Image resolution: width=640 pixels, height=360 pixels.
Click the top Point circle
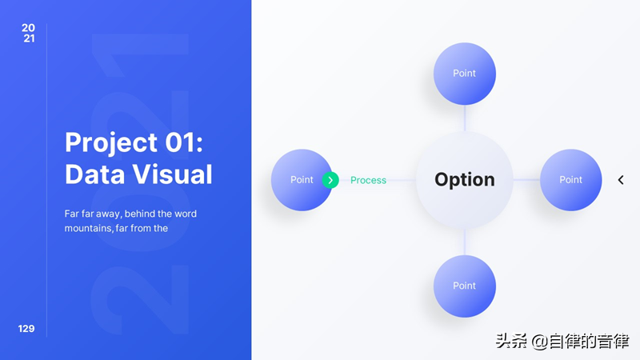465,74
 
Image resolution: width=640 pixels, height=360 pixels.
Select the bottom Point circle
465,286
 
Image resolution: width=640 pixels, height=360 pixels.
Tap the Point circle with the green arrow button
302,180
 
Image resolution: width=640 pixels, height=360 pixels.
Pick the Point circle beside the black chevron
570,180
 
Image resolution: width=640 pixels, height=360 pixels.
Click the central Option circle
465,180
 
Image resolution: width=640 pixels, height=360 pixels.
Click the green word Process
368,180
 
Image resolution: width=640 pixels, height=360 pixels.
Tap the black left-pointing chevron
621,180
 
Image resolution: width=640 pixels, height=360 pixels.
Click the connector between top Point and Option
465,118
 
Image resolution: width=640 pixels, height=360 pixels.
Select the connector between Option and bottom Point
465,242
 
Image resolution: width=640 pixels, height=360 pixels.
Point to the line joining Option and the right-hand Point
526,179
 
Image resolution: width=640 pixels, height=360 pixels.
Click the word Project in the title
111,143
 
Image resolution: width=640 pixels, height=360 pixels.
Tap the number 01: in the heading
184,142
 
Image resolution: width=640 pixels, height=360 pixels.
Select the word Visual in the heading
173,174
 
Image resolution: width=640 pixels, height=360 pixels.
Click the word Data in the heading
95,174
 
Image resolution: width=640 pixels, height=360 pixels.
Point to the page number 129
26,329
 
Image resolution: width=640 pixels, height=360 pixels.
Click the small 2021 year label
29,33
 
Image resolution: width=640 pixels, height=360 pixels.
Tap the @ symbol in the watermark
539,342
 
